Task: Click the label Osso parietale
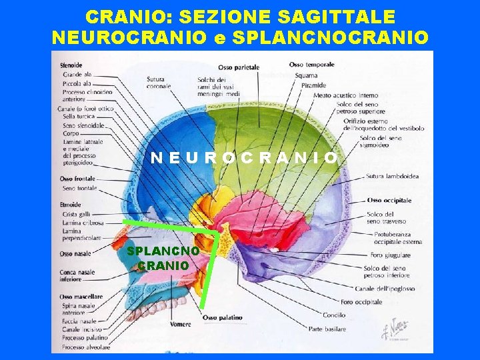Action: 238,67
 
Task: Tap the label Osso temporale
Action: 310,65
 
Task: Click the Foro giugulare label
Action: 391,255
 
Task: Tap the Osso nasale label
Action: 75,254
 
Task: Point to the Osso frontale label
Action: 77,179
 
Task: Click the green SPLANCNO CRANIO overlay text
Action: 163,257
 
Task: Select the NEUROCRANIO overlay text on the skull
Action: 244,158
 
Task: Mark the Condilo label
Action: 334,315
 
